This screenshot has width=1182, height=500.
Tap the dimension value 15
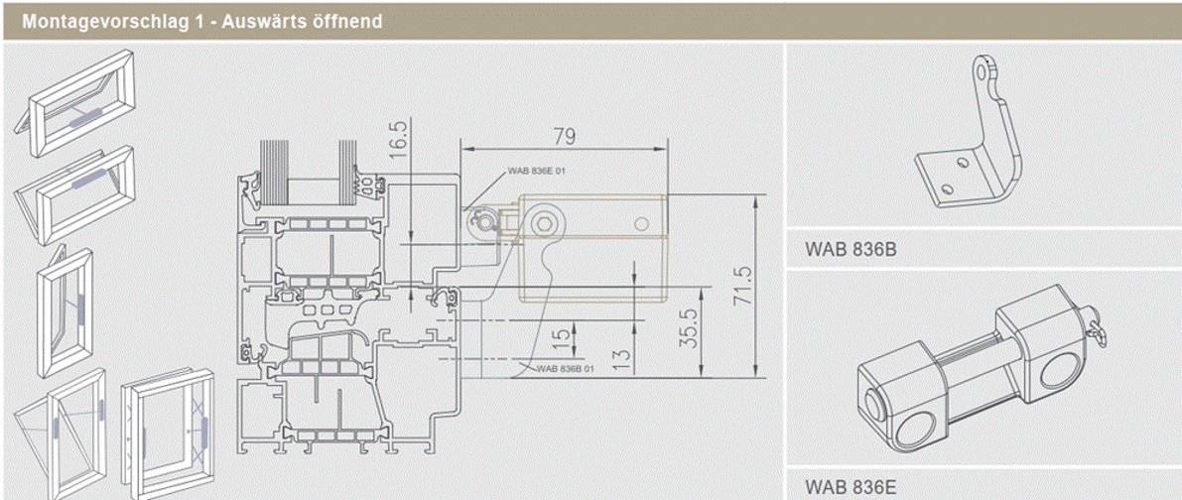click(x=562, y=336)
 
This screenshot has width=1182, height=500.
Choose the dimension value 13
click(x=623, y=356)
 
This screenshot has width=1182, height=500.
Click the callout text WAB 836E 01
click(x=537, y=170)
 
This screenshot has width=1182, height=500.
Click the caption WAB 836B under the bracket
click(x=850, y=250)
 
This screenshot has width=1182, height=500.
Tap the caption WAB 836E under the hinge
click(x=850, y=486)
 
